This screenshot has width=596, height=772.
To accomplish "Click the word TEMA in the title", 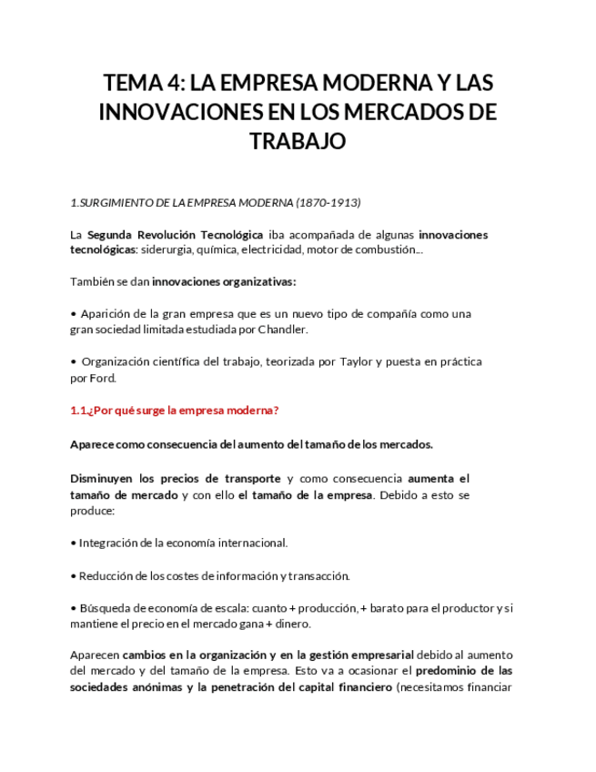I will click(x=133, y=84).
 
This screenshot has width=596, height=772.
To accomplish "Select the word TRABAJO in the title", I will click(x=298, y=142).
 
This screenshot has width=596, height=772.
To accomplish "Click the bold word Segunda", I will click(x=109, y=234).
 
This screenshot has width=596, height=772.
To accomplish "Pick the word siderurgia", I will click(x=168, y=249).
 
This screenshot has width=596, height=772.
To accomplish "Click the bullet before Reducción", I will click(x=73, y=575).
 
